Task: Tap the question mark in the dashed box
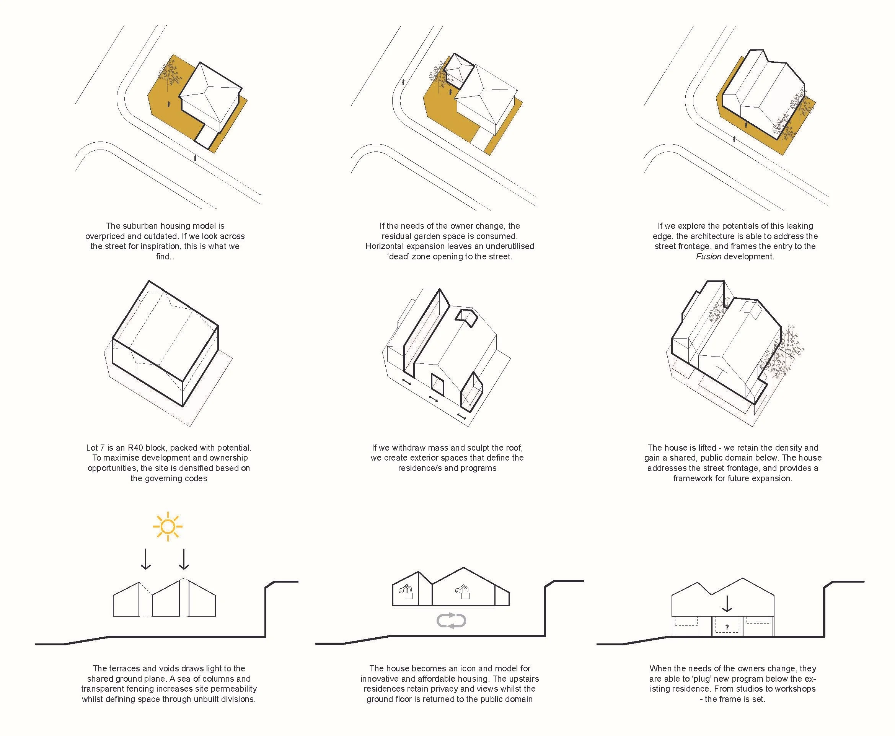[727, 627]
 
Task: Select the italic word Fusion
[708, 257]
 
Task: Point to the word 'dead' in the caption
[399, 257]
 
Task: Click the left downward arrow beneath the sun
[146, 559]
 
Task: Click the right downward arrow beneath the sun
[184, 559]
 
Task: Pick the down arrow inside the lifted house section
[727, 604]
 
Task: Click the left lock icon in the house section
[407, 591]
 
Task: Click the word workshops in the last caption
[792, 689]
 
